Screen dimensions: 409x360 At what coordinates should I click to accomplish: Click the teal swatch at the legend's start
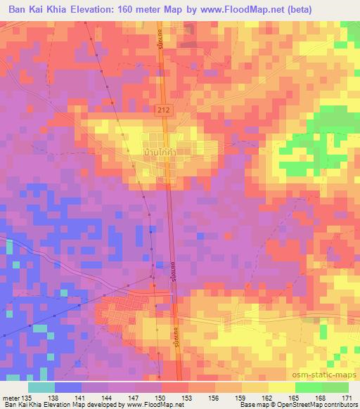pyautogui.click(x=41, y=387)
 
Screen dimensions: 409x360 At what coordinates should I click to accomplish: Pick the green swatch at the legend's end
pyautogui.click(x=335, y=387)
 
